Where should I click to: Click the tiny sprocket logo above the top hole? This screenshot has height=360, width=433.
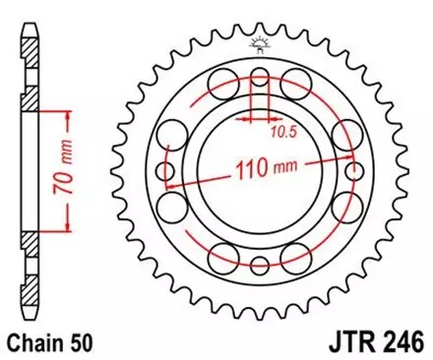(x=260, y=42)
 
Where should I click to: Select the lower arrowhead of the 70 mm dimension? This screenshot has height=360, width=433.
(x=69, y=232)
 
